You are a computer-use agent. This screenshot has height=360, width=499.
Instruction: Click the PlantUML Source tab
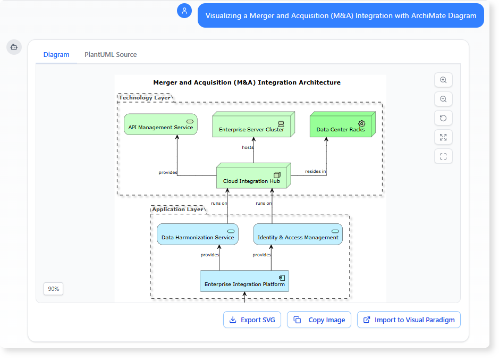pos(111,55)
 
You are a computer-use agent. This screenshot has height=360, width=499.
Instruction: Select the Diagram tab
pos(56,55)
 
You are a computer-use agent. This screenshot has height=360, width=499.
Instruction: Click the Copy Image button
pos(319,320)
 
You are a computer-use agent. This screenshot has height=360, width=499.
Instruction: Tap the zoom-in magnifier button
pos(443,80)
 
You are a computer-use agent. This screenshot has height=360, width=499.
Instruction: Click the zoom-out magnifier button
pos(443,99)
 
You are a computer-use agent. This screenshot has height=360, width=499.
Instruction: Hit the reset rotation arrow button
pos(443,118)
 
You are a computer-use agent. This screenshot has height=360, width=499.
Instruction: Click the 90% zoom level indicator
pos(53,289)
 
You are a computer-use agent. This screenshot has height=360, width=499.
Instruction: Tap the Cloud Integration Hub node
pos(252,178)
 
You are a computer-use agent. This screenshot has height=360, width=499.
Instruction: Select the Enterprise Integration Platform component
pos(244,281)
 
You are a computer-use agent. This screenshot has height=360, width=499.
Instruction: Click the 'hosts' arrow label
pos(248,147)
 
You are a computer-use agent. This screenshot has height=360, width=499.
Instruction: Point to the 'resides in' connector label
pos(316,171)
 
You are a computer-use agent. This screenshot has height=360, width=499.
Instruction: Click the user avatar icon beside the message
pos(184,11)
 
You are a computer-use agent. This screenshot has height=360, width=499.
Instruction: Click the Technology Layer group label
pos(145,98)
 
